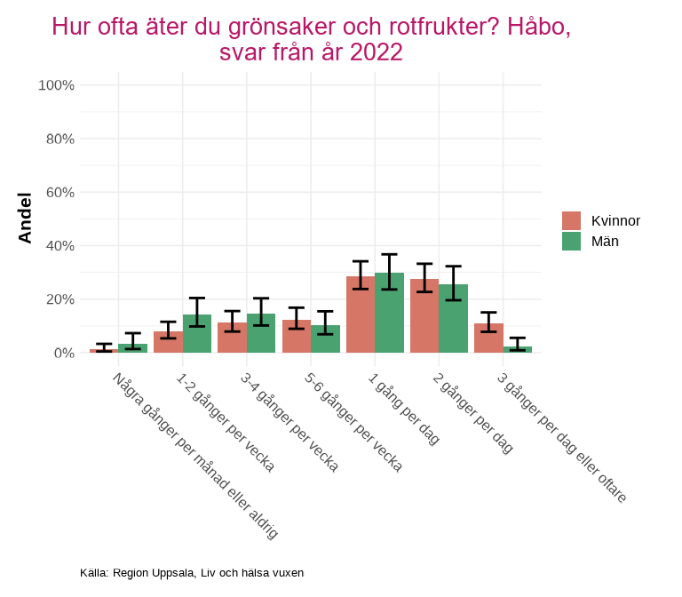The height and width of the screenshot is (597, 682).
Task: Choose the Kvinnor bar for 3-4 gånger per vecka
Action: pyautogui.click(x=232, y=338)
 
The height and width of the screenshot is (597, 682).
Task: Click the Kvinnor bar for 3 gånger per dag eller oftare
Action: pyautogui.click(x=488, y=338)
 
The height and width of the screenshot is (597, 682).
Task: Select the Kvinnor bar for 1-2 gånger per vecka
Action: pyautogui.click(x=168, y=342)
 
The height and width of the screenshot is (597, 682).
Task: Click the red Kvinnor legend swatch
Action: pyautogui.click(x=572, y=221)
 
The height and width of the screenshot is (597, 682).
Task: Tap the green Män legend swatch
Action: pyautogui.click(x=572, y=241)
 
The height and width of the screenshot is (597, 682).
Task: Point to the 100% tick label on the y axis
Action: pyautogui.click(x=56, y=85)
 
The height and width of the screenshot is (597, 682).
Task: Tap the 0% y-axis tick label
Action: pyautogui.click(x=63, y=353)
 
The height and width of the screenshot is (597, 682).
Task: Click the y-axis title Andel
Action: pyautogui.click(x=25, y=218)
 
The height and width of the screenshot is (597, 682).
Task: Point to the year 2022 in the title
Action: pyautogui.click(x=377, y=53)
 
